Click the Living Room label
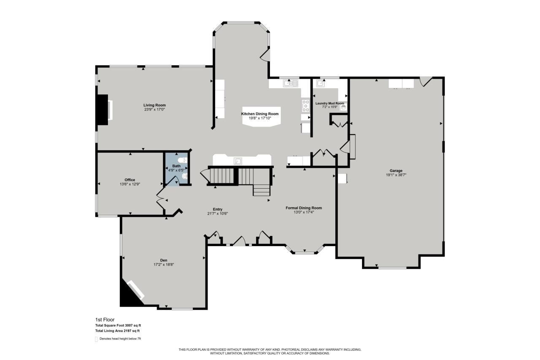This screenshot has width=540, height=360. tap(154, 105)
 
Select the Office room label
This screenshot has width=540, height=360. tap(130, 180)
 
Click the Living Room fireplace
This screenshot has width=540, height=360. tap(103, 110)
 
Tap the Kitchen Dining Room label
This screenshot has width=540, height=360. tap(260, 114)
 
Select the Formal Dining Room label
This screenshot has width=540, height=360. tap(304, 208)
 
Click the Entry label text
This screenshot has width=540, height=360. tap(218, 209)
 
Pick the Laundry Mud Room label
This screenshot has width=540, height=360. tap(330, 103)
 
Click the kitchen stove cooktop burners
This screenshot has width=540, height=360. tap(305, 105)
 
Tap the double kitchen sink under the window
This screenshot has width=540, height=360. tap(291, 83)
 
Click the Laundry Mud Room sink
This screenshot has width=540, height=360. tap(321, 83)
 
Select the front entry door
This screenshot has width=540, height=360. tap(239, 241)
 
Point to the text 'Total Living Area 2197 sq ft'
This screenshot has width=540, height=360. tap(118, 331)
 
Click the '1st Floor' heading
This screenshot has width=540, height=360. tap(105, 319)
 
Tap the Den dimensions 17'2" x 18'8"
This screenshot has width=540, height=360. tap(164, 265)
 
